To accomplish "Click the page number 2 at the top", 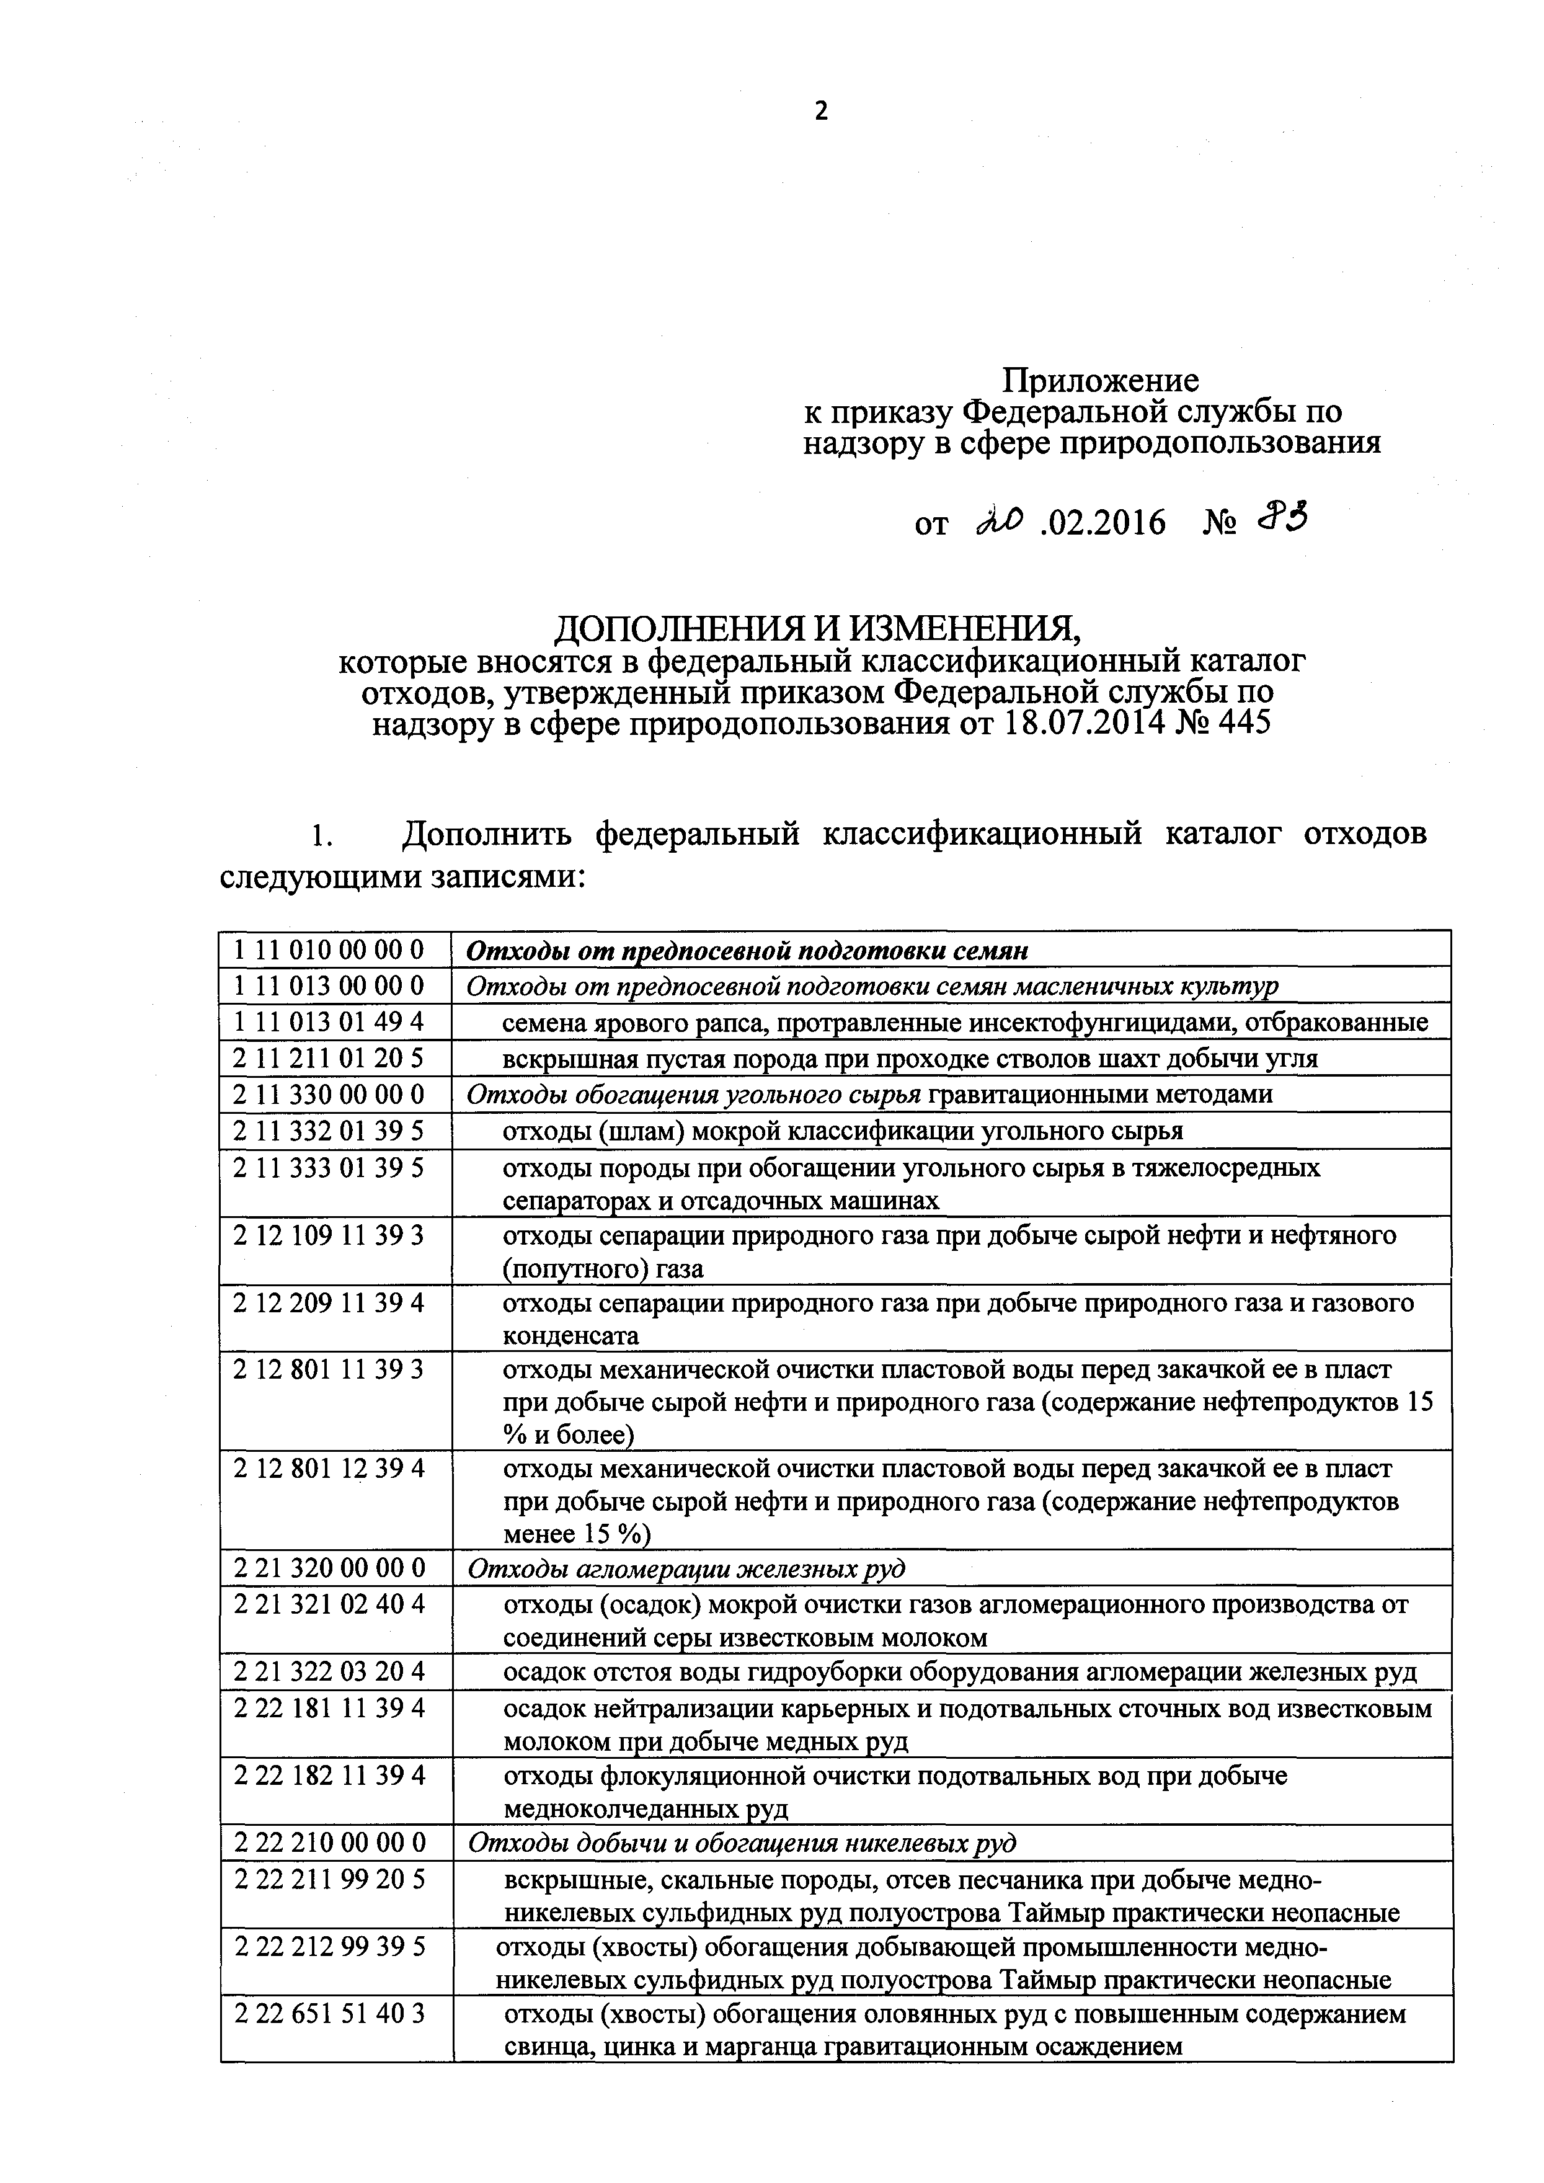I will point(822,111).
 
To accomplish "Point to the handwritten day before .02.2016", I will point(1001,519).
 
